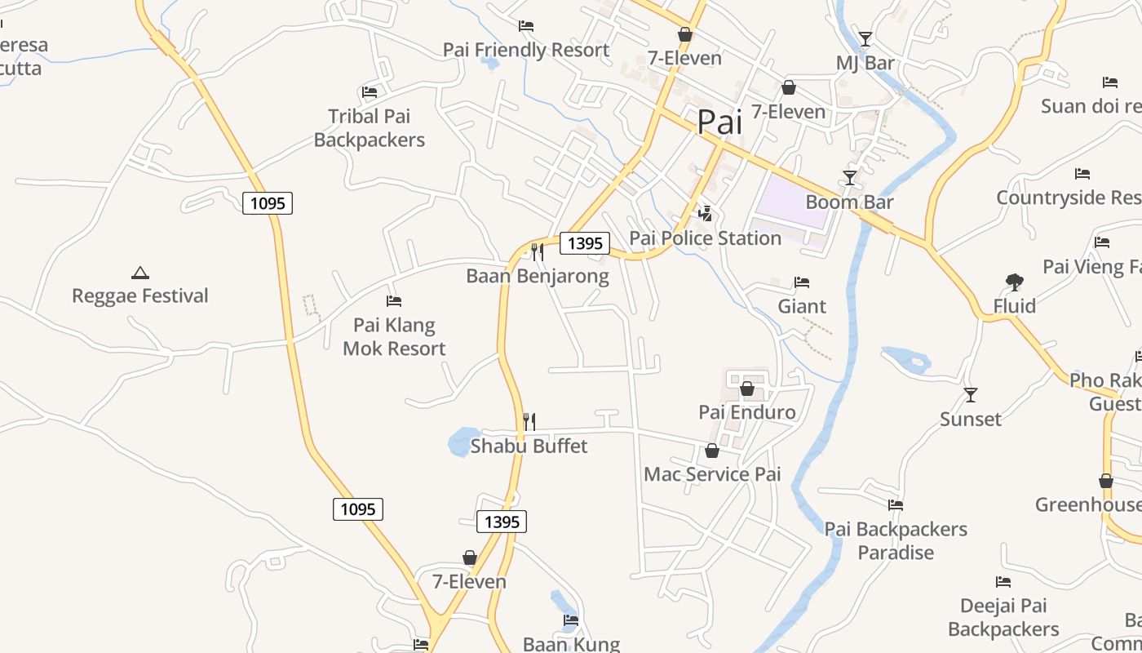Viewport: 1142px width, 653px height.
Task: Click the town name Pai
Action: click(x=719, y=122)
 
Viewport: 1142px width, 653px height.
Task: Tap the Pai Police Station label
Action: click(x=705, y=238)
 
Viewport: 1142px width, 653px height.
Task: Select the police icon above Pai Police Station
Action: click(x=705, y=214)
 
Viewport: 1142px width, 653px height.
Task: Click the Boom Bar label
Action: click(x=849, y=202)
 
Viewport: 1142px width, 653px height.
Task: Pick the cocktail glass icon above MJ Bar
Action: click(x=865, y=38)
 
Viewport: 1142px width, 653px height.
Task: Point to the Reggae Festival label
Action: click(x=140, y=295)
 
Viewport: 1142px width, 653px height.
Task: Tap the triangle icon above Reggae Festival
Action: click(x=140, y=273)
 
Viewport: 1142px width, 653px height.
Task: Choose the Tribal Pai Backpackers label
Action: click(x=370, y=128)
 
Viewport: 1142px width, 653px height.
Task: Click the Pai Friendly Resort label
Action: click(x=526, y=50)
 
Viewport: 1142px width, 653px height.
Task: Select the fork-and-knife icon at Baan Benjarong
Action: click(x=537, y=251)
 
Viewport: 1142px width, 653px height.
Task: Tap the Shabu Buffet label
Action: click(x=529, y=446)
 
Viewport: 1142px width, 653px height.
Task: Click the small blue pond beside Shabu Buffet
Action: click(x=461, y=441)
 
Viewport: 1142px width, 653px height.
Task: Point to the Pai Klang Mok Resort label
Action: click(x=394, y=337)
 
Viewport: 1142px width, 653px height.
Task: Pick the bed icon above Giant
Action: click(x=802, y=282)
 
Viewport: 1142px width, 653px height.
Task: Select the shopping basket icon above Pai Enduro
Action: click(x=746, y=389)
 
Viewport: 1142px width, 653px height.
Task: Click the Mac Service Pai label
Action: click(x=712, y=474)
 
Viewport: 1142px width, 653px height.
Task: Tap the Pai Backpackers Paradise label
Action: click(x=896, y=540)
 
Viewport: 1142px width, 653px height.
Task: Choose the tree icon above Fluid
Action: click(x=1015, y=282)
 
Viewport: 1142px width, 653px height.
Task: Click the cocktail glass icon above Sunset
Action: click(x=970, y=395)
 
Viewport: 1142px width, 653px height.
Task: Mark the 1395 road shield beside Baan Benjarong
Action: click(x=585, y=242)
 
